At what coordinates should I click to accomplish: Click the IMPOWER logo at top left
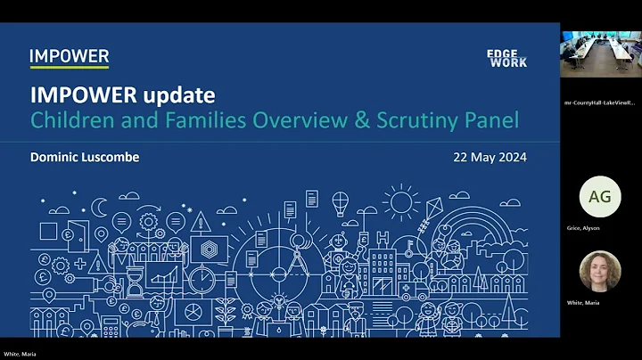69,57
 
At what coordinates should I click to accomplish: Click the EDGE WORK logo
506,59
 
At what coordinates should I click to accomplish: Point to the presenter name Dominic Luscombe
85,158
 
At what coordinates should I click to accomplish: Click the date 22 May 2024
490,158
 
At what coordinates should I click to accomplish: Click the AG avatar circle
600,197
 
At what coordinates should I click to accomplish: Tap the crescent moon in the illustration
101,207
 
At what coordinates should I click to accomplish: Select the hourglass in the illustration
135,280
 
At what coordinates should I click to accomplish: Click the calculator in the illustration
111,326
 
